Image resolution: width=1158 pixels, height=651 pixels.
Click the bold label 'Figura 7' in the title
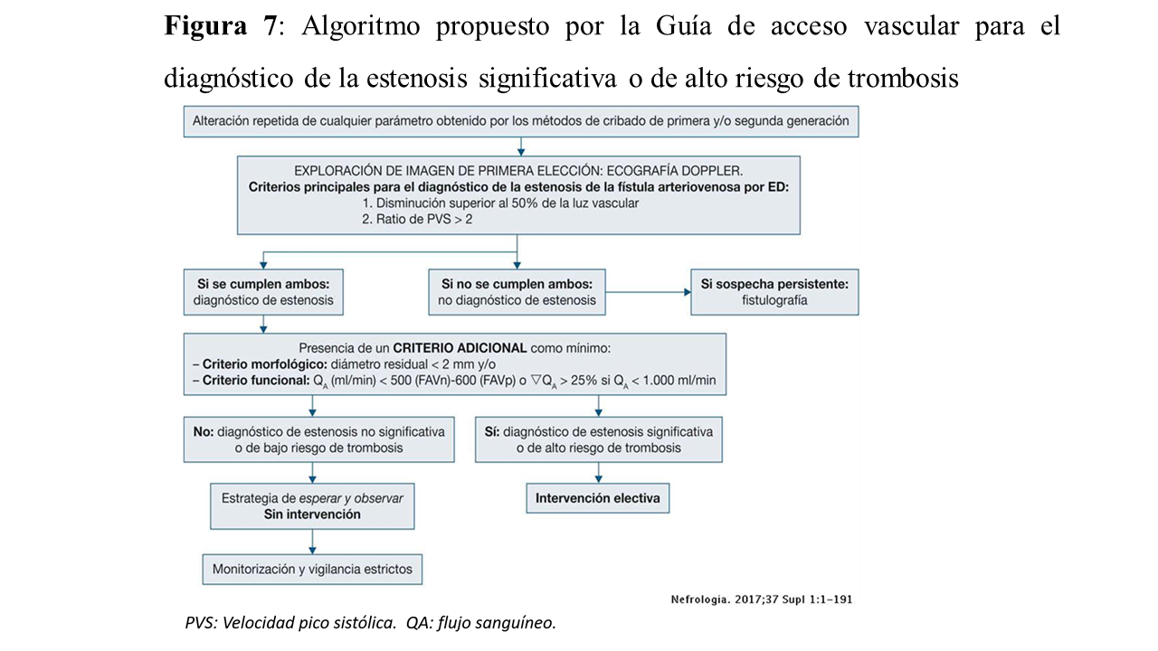click(220, 26)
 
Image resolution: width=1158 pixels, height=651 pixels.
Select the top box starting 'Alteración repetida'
click(520, 120)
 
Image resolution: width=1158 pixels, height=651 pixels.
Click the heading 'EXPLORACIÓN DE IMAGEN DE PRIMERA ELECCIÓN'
click(517, 171)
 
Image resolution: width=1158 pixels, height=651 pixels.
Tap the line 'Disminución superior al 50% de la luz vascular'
click(500, 203)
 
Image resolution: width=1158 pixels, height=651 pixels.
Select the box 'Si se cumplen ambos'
click(263, 291)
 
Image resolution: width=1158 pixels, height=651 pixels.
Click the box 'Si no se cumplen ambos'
click(517, 291)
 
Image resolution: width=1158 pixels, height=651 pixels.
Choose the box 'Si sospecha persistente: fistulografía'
click(774, 291)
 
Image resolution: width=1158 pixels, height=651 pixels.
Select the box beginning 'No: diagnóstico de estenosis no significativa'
click(318, 439)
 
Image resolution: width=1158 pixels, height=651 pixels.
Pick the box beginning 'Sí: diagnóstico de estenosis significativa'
click(599, 439)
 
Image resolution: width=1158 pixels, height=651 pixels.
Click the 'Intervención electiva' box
click(598, 498)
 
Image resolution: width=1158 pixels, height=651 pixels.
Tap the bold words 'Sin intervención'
click(312, 514)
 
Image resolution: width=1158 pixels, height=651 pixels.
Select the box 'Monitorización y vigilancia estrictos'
click(312, 570)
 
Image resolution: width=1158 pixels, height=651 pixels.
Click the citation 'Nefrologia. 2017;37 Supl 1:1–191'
click(761, 599)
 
